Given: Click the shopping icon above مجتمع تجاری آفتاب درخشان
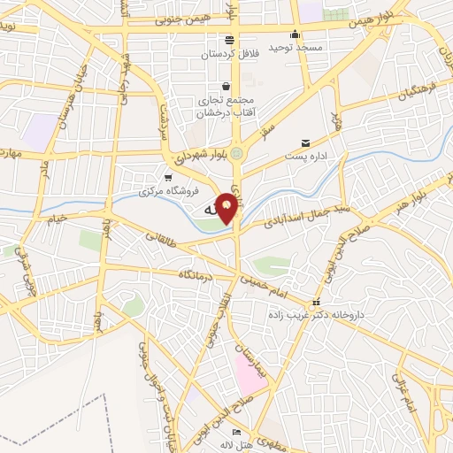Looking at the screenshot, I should pos(227,87).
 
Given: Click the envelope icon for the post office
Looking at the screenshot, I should pos(306,142).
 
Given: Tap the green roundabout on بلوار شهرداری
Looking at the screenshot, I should pos(237,152).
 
